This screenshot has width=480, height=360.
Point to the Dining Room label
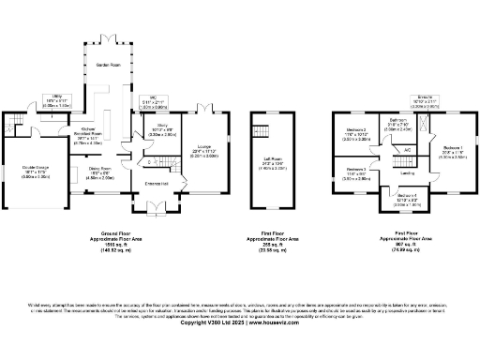100,169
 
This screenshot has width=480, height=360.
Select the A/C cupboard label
407,149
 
